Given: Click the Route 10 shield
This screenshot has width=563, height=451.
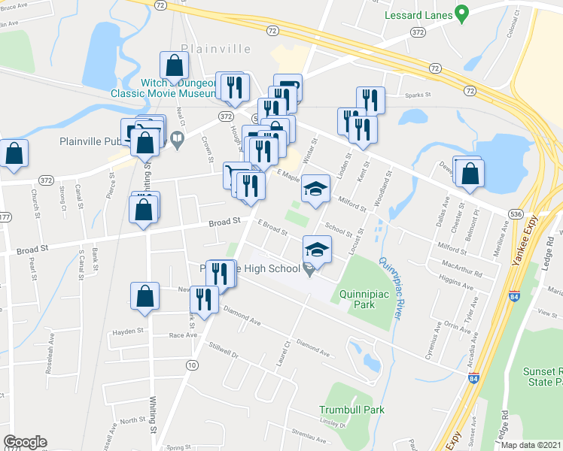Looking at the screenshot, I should click(192, 364).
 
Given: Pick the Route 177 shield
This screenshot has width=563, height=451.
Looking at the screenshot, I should click(5, 217).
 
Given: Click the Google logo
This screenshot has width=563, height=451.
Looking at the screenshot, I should click(25, 442).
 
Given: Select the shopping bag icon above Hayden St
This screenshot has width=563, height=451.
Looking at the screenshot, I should click(145, 296).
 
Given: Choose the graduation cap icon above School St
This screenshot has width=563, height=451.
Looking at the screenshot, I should click(316, 188).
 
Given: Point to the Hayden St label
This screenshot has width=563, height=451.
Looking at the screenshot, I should click(128, 331).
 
